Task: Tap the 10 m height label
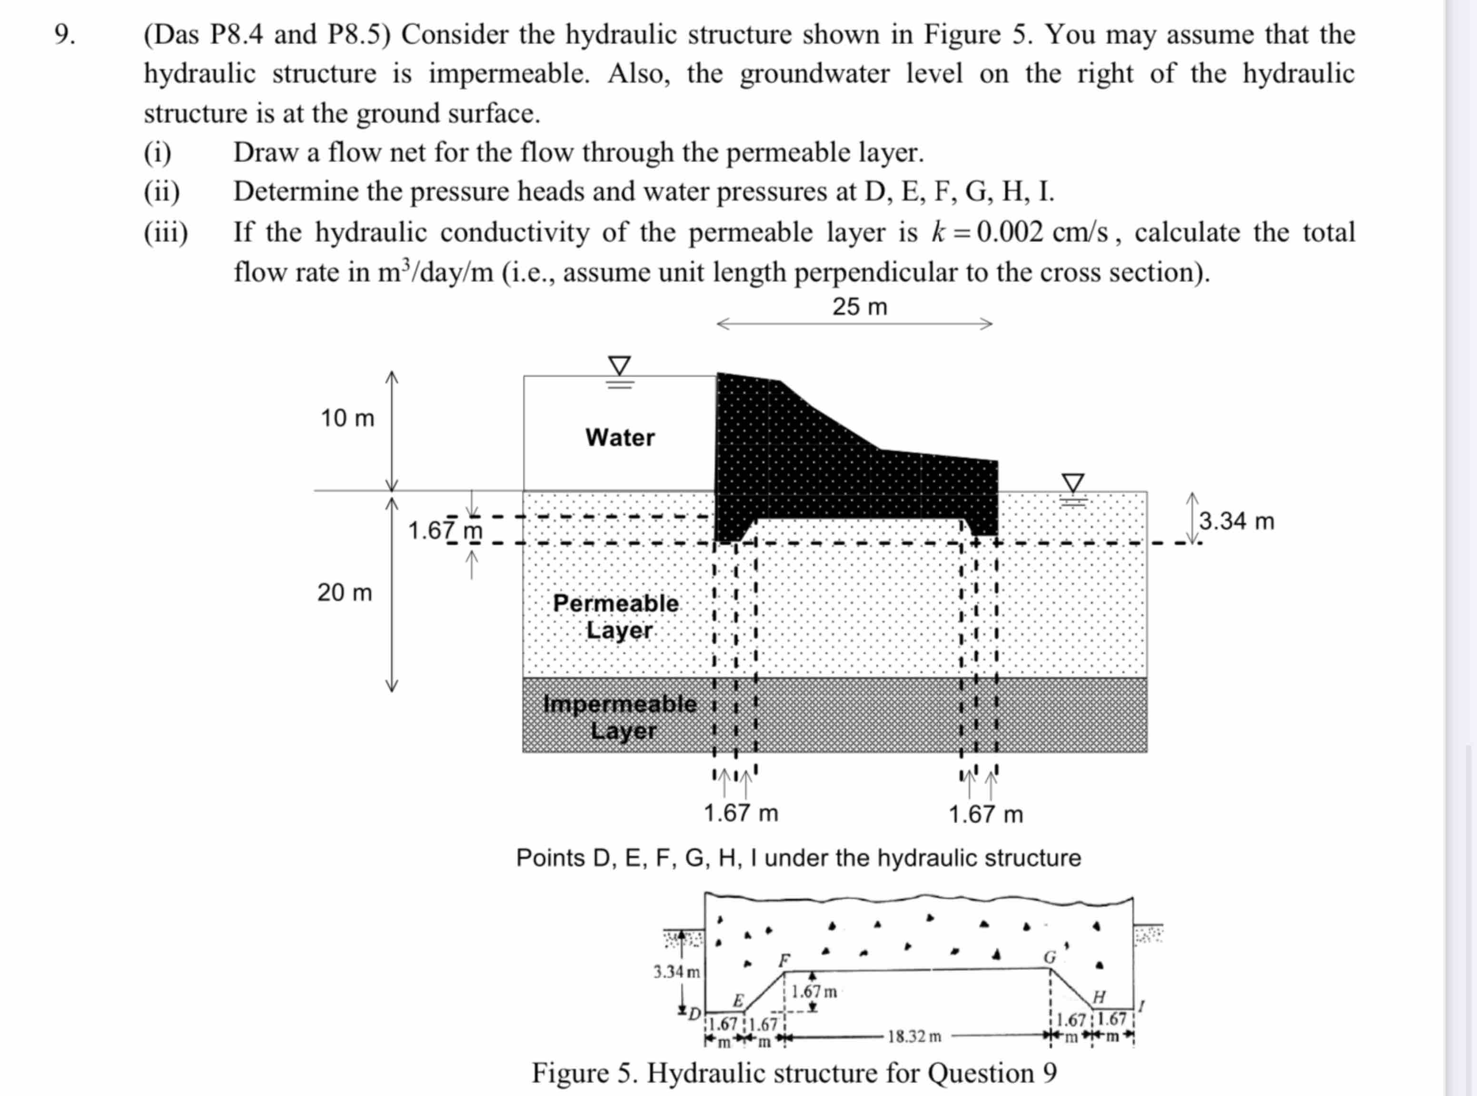pos(347,418)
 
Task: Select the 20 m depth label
pos(345,592)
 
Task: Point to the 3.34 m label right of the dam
pos(1236,521)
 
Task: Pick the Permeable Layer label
pos(615,616)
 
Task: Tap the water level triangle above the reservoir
pos(619,365)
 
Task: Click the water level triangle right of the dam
pos(1073,483)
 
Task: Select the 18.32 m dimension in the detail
pos(914,1036)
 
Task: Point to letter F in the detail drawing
pos(784,960)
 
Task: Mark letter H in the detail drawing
pos(1099,997)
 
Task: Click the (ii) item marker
pos(162,192)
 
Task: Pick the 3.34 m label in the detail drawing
pos(676,972)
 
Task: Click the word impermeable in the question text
pos(508,74)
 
